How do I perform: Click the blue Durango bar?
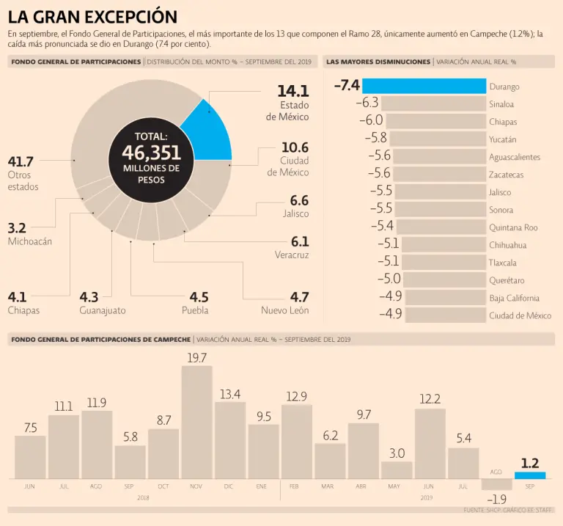coord(424,86)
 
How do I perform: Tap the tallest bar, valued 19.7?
coord(197,422)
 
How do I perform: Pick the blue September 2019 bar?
coord(530,475)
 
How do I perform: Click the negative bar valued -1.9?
coord(497,484)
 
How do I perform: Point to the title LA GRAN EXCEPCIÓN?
coord(92,16)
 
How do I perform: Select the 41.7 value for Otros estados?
coord(21,161)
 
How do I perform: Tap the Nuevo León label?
coord(284,310)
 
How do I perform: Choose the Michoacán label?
coord(29,241)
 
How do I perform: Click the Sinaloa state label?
coord(501,104)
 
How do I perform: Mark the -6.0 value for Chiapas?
coord(371,120)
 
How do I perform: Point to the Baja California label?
coord(514,298)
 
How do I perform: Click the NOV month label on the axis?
coord(196,486)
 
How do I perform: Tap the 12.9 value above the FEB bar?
coord(296,397)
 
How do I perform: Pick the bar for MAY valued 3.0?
coord(397,470)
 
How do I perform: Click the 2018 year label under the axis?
coord(143,497)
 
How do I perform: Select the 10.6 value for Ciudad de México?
coord(295,147)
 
